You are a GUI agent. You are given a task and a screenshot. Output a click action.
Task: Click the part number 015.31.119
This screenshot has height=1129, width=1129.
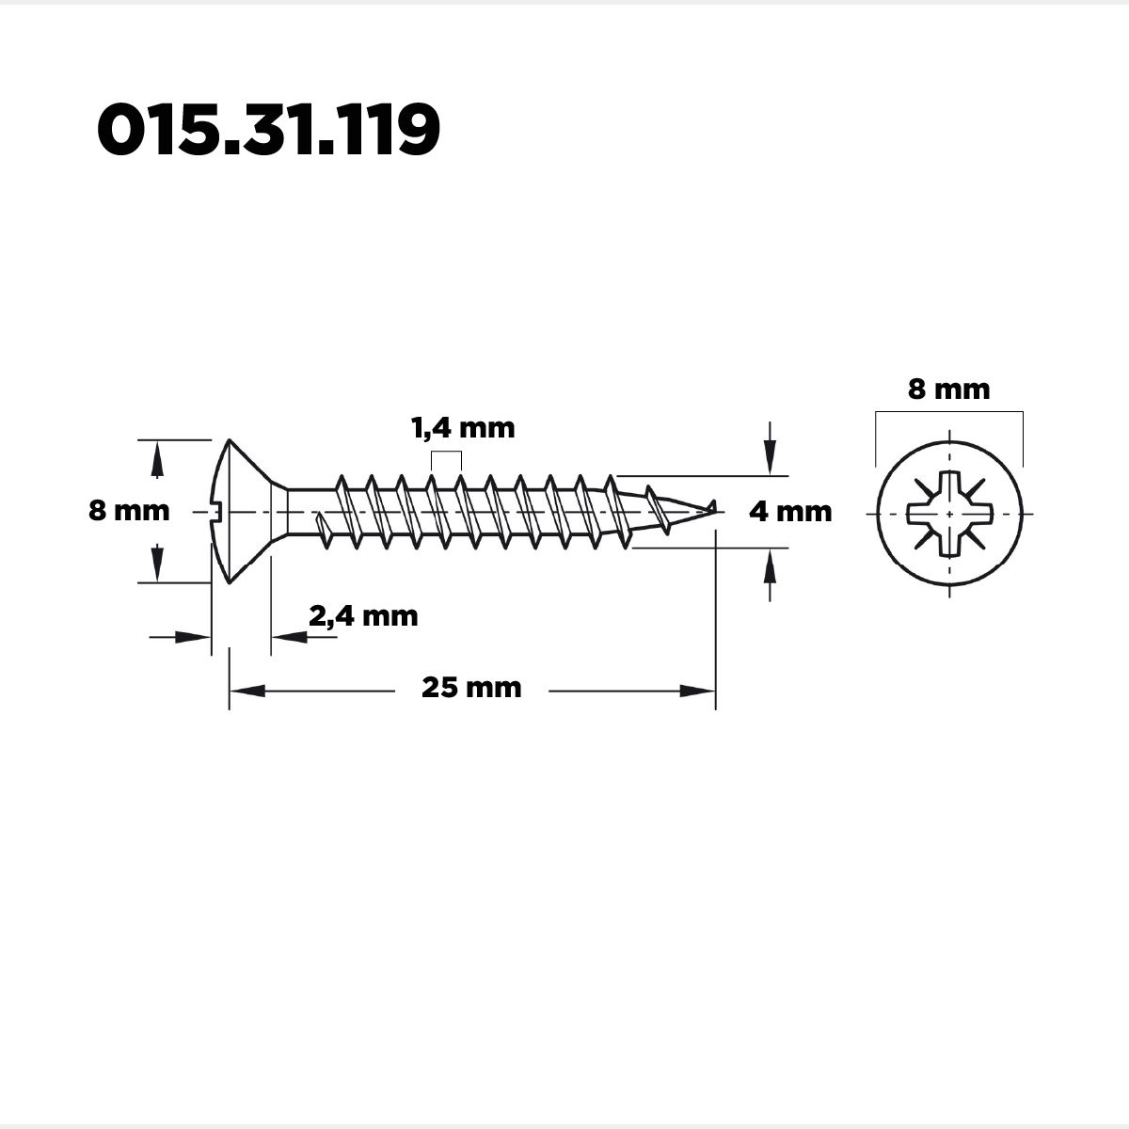tap(268, 130)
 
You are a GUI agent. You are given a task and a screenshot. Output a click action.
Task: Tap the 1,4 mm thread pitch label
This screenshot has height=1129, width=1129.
tap(463, 428)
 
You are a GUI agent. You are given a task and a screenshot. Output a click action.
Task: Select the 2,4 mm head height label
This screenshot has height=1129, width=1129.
tap(363, 616)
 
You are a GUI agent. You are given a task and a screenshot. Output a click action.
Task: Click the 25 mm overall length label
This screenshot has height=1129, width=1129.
tap(471, 688)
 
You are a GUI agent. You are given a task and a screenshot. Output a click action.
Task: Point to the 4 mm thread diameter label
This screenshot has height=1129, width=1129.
tap(790, 512)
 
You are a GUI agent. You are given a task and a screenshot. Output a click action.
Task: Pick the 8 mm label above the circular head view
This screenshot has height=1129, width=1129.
tap(949, 390)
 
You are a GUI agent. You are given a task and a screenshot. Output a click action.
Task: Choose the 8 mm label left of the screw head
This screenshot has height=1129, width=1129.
tap(129, 510)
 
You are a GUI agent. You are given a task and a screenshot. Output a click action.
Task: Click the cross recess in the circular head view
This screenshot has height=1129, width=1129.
tap(949, 514)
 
